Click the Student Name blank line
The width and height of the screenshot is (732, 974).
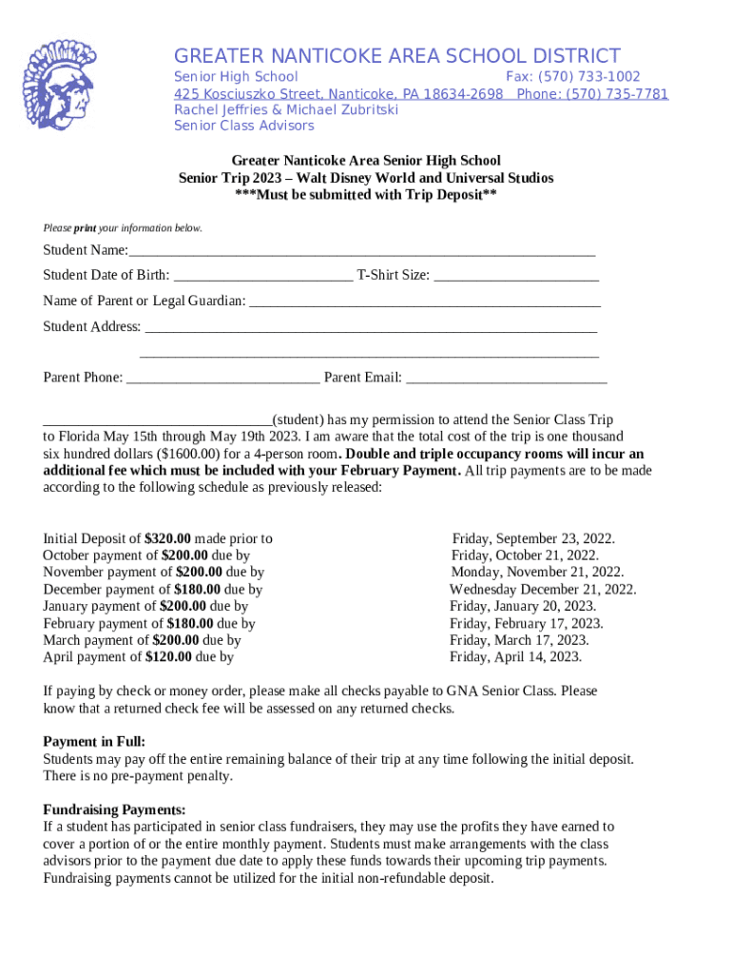tap(361, 252)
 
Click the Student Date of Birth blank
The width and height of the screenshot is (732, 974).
tap(262, 277)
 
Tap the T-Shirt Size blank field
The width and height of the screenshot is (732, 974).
tap(516, 277)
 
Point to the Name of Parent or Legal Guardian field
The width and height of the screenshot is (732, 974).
tap(424, 302)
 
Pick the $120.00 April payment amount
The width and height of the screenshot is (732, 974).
tap(168, 657)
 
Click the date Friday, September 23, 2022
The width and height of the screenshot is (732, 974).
tap(533, 539)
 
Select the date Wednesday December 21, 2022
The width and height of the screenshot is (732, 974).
tap(543, 590)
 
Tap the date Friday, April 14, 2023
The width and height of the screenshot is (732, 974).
tap(515, 657)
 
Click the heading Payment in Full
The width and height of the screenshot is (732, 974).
tap(94, 742)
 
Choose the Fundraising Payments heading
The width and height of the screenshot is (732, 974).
tap(107, 810)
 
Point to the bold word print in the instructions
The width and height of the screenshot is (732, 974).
tap(86, 229)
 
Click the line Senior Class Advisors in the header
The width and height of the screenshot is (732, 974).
tap(243, 127)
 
